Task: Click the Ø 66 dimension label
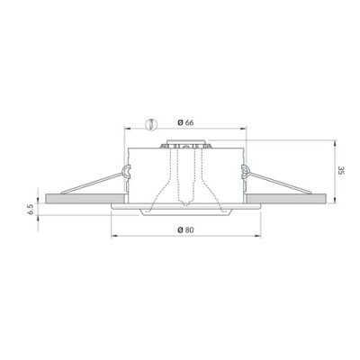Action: (x=185, y=122)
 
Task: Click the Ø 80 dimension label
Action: (x=185, y=230)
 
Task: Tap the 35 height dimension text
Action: (x=340, y=170)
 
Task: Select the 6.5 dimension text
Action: (x=31, y=208)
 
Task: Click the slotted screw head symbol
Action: (x=151, y=124)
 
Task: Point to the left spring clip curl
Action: (x=126, y=172)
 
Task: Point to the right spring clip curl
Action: (x=245, y=172)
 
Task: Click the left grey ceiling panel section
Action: (x=85, y=198)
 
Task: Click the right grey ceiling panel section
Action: (x=286, y=198)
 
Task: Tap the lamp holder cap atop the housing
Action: (x=185, y=142)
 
